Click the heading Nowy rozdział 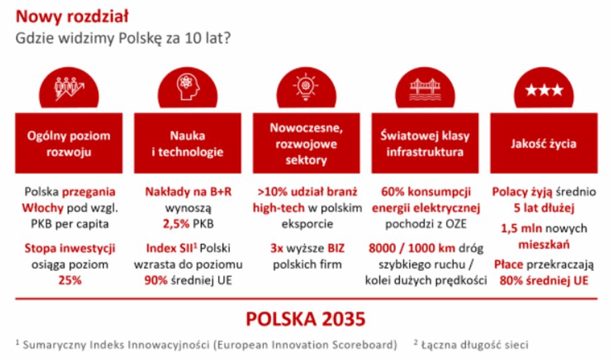72,17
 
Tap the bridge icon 425,90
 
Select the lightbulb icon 306,87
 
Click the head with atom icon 188,87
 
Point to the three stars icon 544,90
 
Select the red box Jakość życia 543,143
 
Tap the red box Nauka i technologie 187,143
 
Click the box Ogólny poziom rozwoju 68,143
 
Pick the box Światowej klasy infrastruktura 425,143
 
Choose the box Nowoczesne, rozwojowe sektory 306,143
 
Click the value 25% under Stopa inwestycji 70,280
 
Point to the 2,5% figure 176,224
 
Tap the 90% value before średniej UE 156,280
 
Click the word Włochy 43,208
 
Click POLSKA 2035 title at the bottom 306,319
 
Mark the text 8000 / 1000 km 412,248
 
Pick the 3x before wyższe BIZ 277,248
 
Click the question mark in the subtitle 226,38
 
